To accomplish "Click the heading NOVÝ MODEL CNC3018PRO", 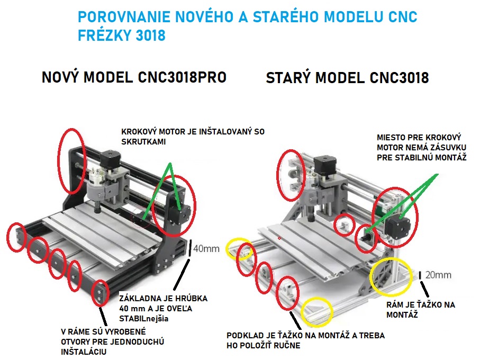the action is coord(134,77).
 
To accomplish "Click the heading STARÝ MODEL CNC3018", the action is coord(347,78).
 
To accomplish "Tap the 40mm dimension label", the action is coord(206,249).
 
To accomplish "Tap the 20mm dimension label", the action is coord(438,275).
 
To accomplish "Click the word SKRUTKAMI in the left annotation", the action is coord(143,142).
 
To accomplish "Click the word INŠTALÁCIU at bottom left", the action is coord(84,352).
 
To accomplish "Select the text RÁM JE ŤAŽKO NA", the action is coord(421,304).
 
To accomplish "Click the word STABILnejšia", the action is coord(143,318).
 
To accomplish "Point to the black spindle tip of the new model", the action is coord(97,210).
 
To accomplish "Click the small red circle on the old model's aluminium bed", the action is coord(279,238).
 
